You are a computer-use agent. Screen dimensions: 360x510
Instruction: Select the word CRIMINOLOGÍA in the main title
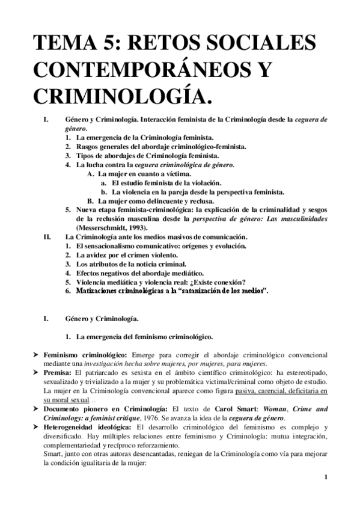pos(119,95)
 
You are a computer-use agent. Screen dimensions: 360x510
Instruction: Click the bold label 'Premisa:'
pos(59,373)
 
